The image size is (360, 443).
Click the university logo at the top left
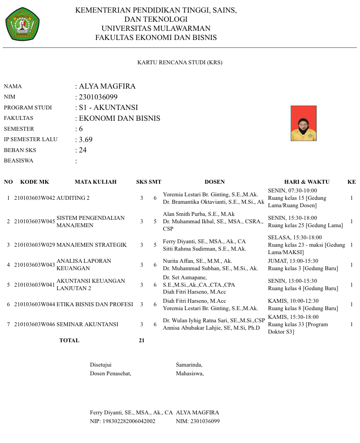click(x=22, y=24)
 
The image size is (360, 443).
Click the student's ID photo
click(x=303, y=123)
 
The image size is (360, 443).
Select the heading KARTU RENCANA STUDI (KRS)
click(x=180, y=63)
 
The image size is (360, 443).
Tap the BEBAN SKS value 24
click(x=83, y=150)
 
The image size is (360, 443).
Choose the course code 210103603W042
click(x=35, y=198)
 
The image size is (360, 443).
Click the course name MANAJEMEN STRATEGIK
click(x=92, y=245)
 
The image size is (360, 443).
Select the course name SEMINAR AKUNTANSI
click(x=87, y=324)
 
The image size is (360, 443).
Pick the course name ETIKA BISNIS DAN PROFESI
click(x=95, y=304)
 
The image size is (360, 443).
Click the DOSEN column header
click(x=215, y=182)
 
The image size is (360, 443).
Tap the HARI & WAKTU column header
click(x=307, y=182)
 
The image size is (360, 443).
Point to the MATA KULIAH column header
click(x=96, y=182)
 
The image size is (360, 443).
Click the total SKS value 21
click(x=141, y=341)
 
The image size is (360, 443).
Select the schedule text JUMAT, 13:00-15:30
click(x=293, y=261)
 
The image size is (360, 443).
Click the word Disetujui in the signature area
click(x=100, y=365)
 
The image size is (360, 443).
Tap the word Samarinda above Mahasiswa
click(x=189, y=365)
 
